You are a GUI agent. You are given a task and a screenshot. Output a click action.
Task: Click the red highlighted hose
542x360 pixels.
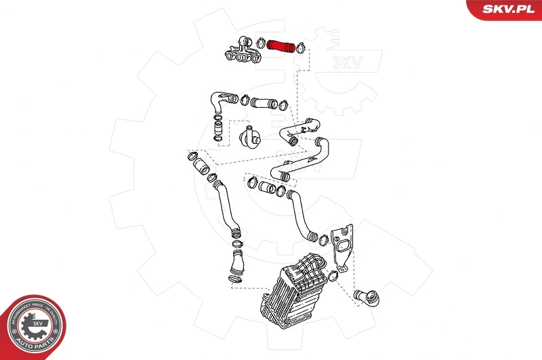pos(279,47)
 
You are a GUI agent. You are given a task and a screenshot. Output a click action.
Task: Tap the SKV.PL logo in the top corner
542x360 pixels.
pos(503,9)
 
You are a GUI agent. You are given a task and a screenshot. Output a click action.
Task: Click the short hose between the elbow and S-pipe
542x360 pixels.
pos(265,104)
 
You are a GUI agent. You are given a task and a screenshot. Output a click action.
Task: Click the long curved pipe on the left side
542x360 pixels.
pos(224,203)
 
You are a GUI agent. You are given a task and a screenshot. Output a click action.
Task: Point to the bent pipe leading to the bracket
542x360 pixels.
pos(301,214)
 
